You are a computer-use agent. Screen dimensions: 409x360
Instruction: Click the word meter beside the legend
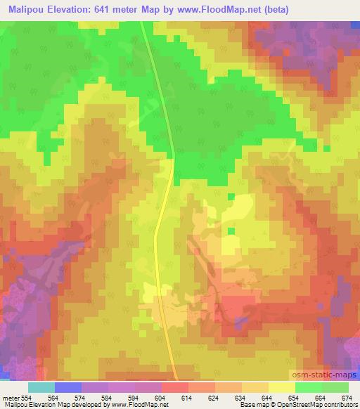11,397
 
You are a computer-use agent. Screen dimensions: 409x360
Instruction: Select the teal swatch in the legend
41,388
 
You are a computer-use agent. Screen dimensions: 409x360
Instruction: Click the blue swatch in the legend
68,388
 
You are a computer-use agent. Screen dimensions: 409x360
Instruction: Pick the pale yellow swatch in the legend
282,388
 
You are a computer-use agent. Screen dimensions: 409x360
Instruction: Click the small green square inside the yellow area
231,231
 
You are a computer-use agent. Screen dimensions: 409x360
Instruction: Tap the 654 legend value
297,397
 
